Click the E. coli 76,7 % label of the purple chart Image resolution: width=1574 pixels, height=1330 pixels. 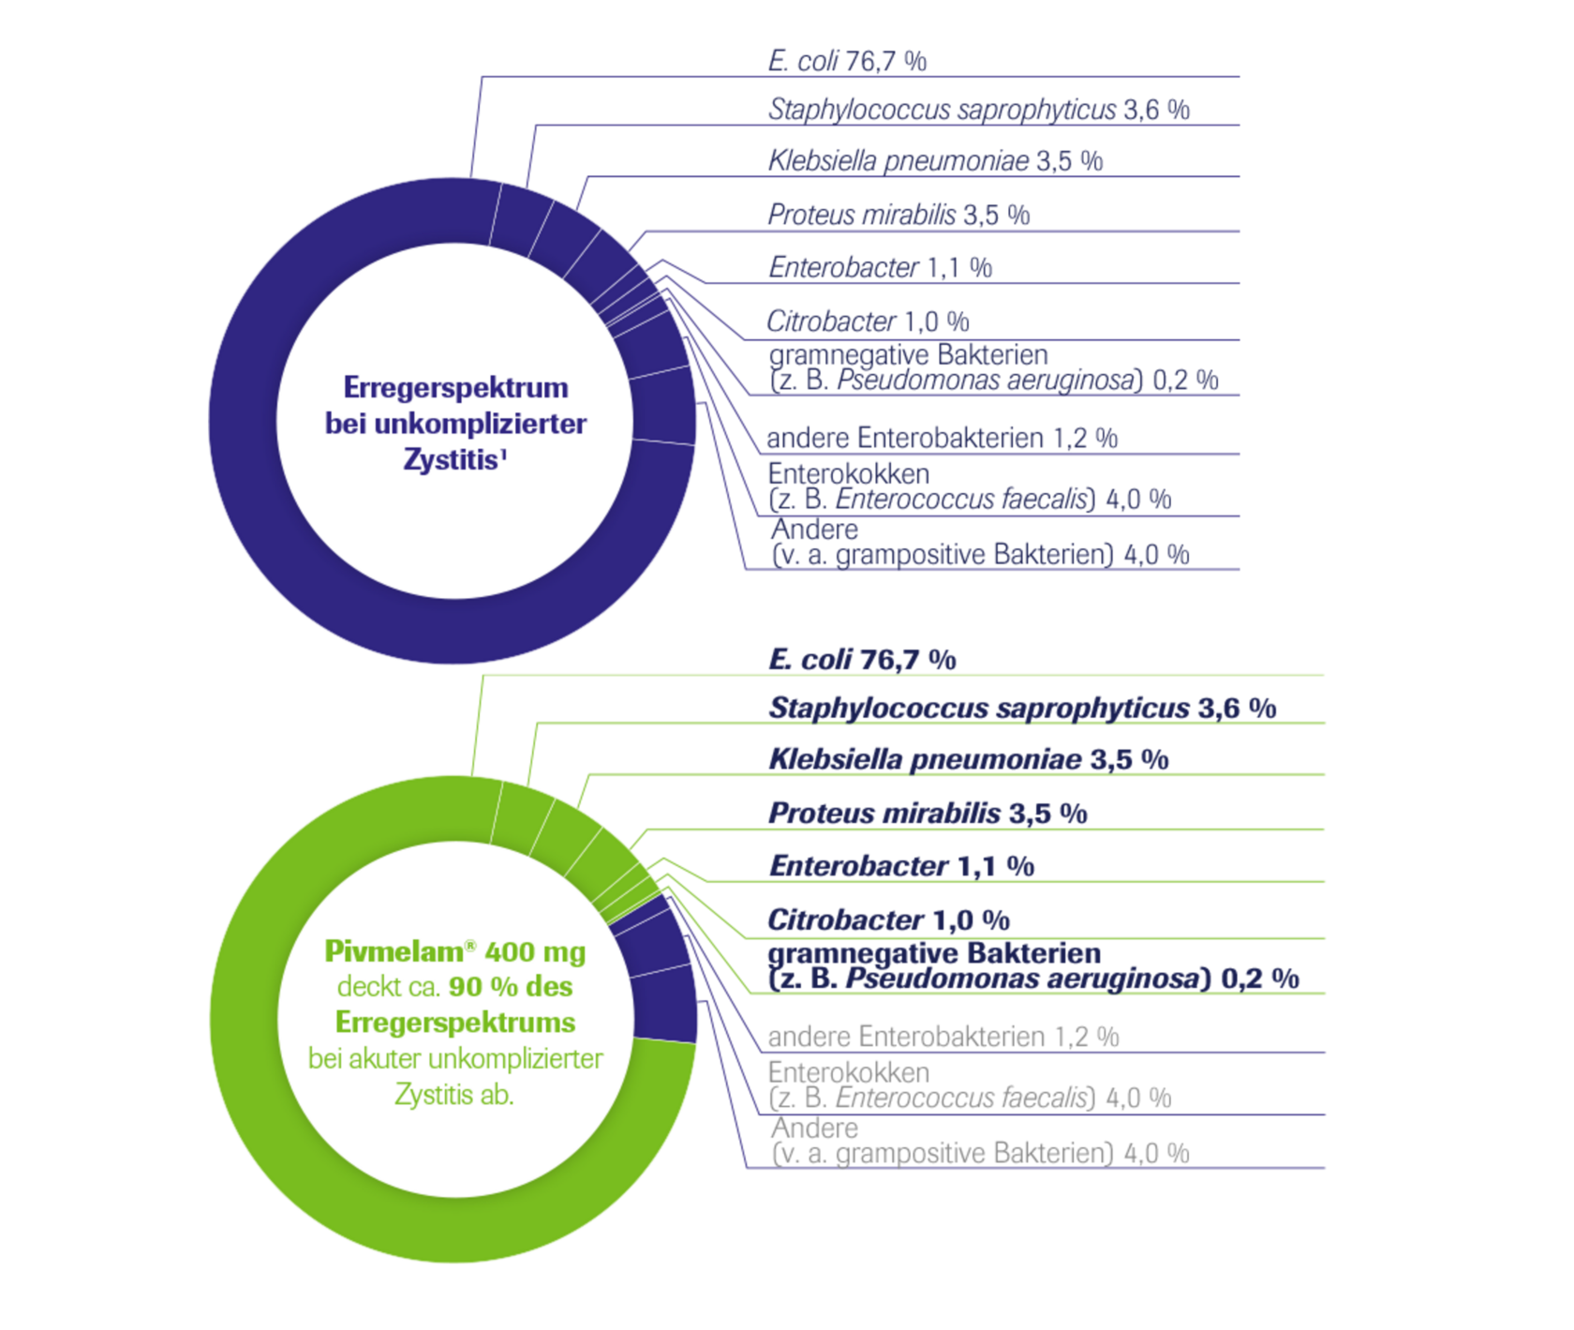coord(847,62)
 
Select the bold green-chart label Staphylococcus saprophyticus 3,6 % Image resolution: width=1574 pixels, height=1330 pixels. coord(1022,709)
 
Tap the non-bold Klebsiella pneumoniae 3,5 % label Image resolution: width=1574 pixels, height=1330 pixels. coord(935,160)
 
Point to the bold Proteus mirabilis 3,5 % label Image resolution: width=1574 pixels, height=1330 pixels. coord(928,814)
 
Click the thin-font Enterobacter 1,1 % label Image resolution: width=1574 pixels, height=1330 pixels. coord(880,268)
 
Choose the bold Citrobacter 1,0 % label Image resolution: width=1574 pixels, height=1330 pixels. coord(888,920)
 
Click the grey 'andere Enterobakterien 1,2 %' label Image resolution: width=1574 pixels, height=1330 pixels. coord(943,1037)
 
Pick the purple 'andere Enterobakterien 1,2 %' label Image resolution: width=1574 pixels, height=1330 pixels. coord(943,438)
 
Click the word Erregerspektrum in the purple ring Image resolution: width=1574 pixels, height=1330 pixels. coord(455,388)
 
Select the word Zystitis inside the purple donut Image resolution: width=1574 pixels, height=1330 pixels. coord(450,460)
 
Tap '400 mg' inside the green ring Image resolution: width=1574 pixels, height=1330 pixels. coord(535,952)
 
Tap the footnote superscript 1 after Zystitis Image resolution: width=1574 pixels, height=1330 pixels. coord(503,453)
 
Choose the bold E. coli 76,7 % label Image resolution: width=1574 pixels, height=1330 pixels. coord(862,660)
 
